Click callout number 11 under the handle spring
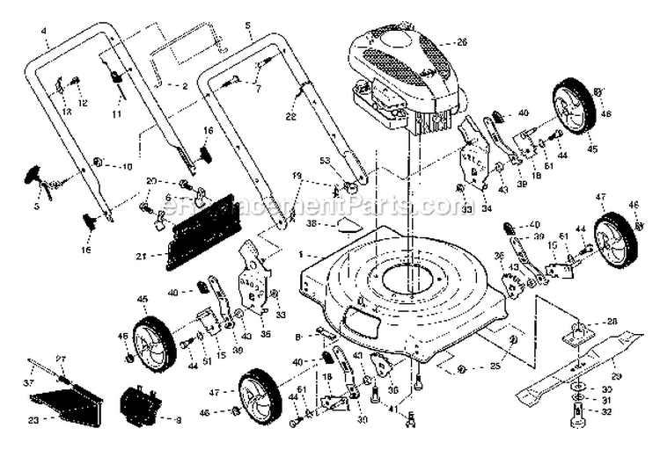click(x=115, y=114)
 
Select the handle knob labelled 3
click(x=39, y=175)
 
